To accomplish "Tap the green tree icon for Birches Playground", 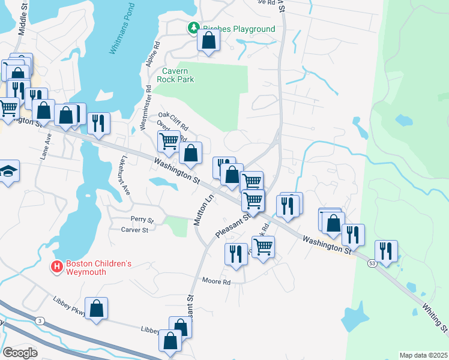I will click(x=193, y=28).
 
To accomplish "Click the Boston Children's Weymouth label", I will click(x=98, y=268).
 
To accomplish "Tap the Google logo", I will click(x=20, y=353).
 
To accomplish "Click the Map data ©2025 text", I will click(x=423, y=355).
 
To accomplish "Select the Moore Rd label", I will click(x=216, y=281).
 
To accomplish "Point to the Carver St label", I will click(x=134, y=230).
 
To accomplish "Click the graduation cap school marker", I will click(x=8, y=172).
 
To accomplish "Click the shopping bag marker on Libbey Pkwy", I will click(x=96, y=309).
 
